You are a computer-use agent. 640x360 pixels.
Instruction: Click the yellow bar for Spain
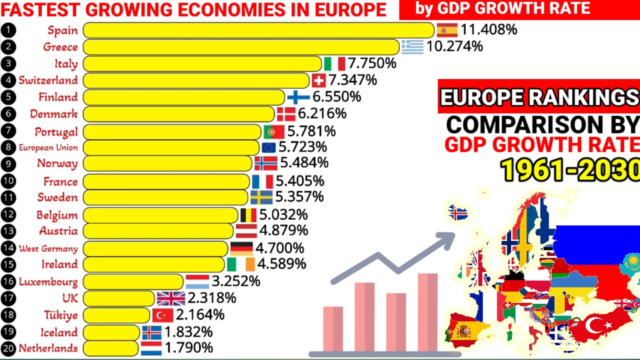[x=258, y=30]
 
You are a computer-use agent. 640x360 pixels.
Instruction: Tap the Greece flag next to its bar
[x=412, y=46]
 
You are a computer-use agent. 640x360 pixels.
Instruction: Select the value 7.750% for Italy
[x=372, y=63]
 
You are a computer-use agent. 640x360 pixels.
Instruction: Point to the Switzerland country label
[x=48, y=80]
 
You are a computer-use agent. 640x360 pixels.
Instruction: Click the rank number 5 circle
[x=8, y=97]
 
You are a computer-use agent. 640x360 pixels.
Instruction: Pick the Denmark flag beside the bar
[x=286, y=114]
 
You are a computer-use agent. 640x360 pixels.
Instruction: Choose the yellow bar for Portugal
[x=172, y=132]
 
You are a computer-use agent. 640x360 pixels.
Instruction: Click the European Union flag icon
[x=268, y=147]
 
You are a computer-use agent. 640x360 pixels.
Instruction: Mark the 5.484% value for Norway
[x=304, y=163]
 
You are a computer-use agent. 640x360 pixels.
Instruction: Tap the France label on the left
[x=60, y=181]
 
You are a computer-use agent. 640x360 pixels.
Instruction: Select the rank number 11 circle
[x=8, y=197]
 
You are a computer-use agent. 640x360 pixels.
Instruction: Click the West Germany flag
[x=241, y=248]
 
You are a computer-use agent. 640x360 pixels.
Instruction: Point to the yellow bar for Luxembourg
[x=133, y=281]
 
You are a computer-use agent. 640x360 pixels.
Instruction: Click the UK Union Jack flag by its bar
[x=171, y=298]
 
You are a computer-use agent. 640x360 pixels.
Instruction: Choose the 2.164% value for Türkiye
[x=199, y=315]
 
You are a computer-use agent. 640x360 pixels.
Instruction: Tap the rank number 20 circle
[x=8, y=348]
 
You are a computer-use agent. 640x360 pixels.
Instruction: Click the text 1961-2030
[x=570, y=170]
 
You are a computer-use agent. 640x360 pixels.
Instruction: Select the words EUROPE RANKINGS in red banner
[x=539, y=97]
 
